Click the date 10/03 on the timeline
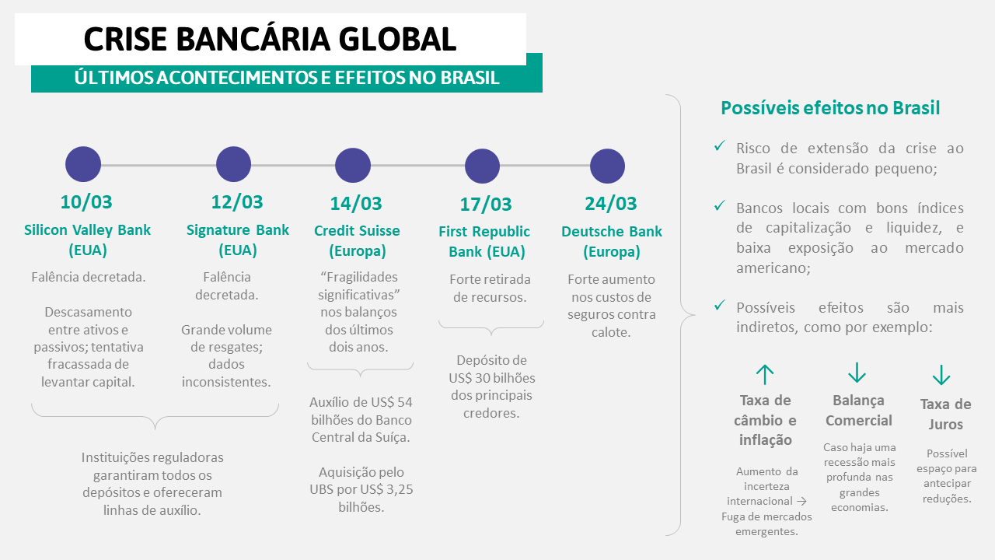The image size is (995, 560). coord(86,202)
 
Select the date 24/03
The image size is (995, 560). coord(611,204)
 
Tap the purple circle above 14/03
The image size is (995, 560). coord(353,166)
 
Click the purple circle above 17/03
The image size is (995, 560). coord(483,166)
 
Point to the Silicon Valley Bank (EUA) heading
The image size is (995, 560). coord(88,240)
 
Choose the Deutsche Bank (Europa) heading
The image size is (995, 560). coord(612,241)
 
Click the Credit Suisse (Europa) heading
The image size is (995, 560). coord(357,240)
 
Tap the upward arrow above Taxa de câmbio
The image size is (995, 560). coord(765,375)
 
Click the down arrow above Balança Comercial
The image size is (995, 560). coord(857,373)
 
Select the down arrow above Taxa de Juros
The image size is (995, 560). coord(941,375)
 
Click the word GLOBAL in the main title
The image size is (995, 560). coord(397,39)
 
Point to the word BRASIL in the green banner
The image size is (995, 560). coord(470,78)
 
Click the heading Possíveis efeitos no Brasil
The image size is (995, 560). coord(830,108)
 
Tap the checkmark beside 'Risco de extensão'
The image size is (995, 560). coord(720,145)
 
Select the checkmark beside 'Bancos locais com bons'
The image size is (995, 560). coord(720,206)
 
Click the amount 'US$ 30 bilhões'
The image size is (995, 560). coord(492,378)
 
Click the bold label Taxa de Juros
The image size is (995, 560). coord(945,415)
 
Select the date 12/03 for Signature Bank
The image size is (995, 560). coord(237,202)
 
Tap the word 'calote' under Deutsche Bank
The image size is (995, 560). coord(611,332)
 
